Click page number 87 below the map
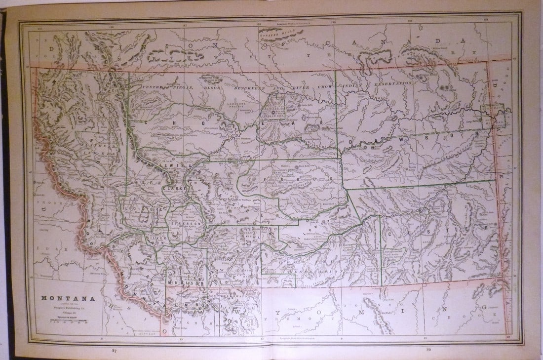[x=115, y=351]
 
